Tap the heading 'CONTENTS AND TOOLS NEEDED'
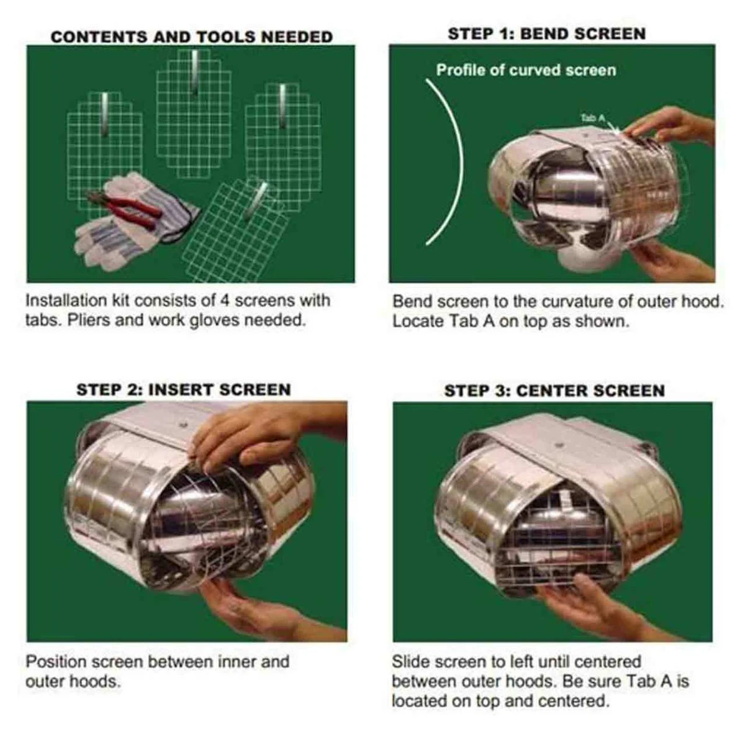pyautogui.click(x=192, y=37)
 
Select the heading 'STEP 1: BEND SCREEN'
pyautogui.click(x=547, y=34)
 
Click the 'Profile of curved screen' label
pyautogui.click(x=526, y=70)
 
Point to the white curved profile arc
pyautogui.click(x=462, y=163)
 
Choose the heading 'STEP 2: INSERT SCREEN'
pyautogui.click(x=184, y=390)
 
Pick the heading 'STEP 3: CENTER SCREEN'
pyautogui.click(x=554, y=391)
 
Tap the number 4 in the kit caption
pyautogui.click(x=225, y=300)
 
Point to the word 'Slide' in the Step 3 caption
pyautogui.click(x=410, y=661)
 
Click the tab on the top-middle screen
pyautogui.click(x=194, y=71)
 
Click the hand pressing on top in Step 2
pyautogui.click(x=263, y=437)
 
